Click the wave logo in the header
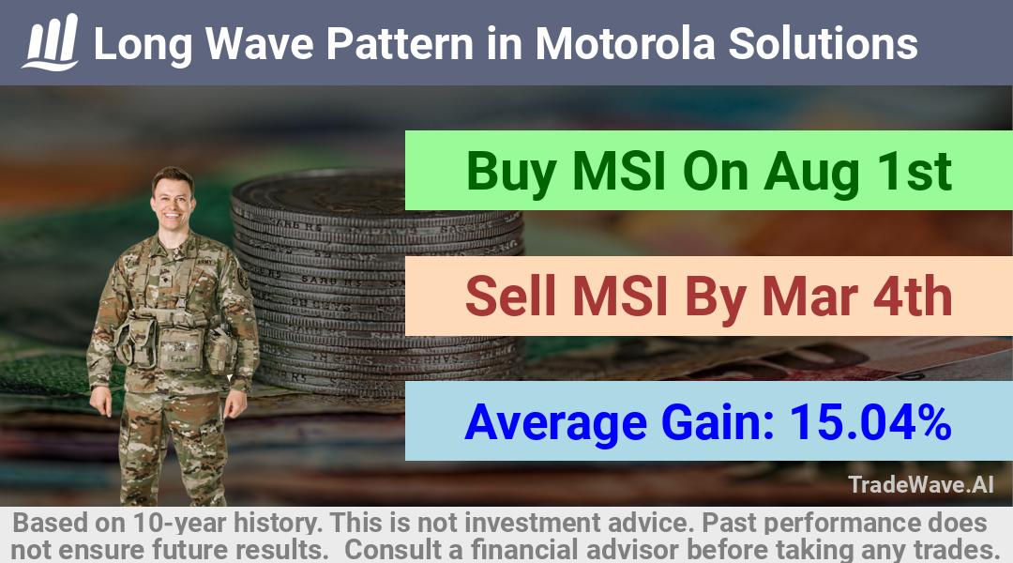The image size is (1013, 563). click(51, 42)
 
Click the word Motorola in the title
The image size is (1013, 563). click(625, 43)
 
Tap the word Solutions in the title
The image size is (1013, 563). click(824, 43)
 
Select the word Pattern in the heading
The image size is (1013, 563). click(400, 43)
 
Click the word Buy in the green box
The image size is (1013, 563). click(511, 173)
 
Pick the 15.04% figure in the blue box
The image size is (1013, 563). click(870, 421)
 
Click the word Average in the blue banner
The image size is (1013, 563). click(555, 423)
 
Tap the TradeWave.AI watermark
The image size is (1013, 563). click(921, 484)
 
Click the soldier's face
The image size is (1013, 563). click(173, 202)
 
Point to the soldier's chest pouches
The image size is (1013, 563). click(174, 341)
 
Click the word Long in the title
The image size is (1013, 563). click(144, 45)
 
